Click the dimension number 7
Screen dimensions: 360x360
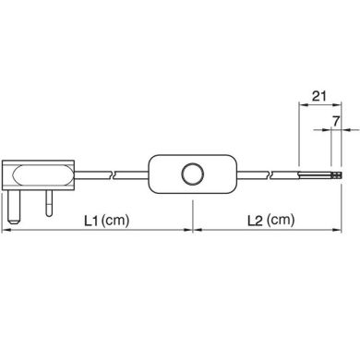pyautogui.click(x=336, y=121)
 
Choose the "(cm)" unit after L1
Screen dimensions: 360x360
pyautogui.click(x=118, y=221)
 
